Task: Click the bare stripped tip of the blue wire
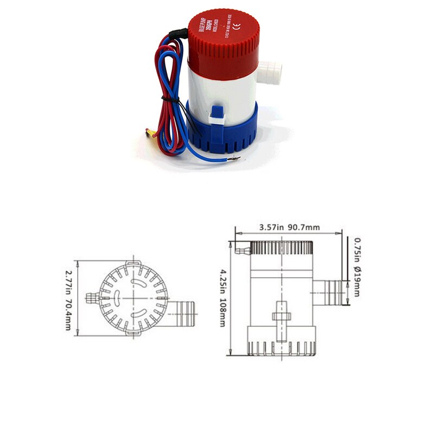click(x=234, y=159)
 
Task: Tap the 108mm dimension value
click(x=222, y=313)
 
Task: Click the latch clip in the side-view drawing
click(x=281, y=318)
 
